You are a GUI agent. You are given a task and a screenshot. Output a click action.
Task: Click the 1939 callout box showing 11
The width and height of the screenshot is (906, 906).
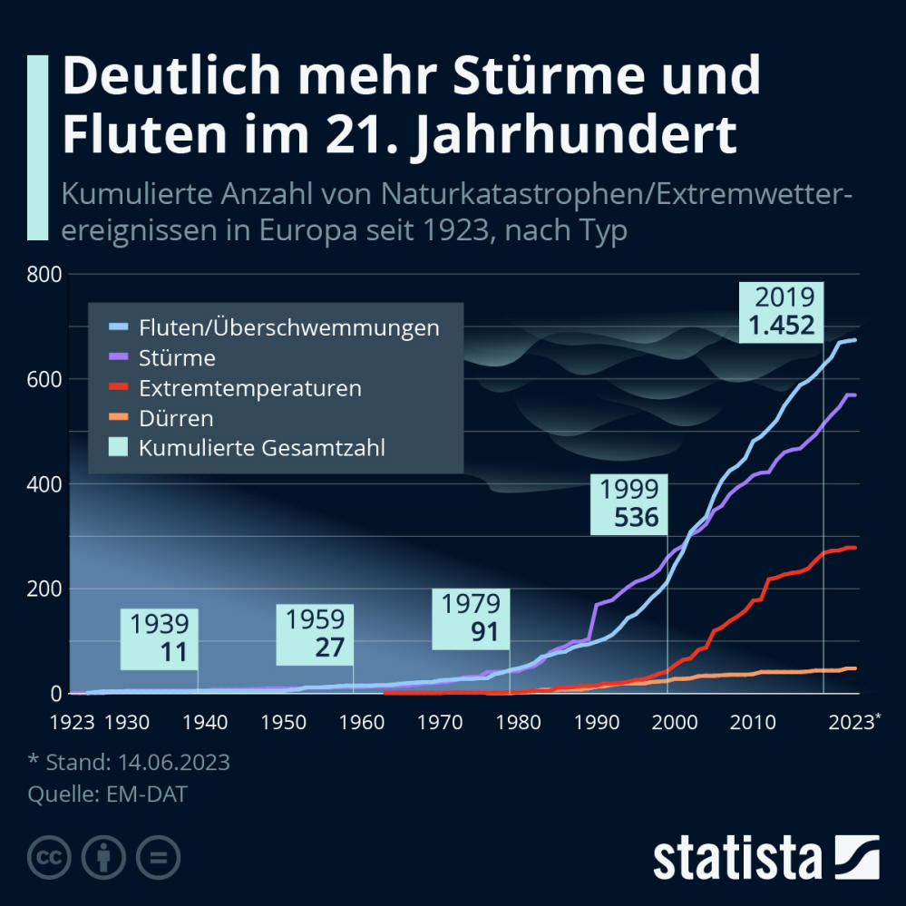tap(160, 638)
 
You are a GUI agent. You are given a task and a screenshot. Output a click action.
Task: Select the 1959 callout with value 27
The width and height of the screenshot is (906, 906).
tap(315, 635)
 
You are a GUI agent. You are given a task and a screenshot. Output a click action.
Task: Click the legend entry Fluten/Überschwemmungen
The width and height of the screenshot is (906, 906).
tap(288, 327)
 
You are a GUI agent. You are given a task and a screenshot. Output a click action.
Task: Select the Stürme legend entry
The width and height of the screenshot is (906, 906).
tap(177, 358)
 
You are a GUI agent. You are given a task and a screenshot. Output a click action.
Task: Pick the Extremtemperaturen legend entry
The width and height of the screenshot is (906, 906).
tap(249, 388)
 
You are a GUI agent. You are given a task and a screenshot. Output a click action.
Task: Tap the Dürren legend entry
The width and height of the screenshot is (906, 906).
tap(176, 418)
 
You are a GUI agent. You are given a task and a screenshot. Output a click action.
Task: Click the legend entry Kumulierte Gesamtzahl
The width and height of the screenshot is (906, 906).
tap(261, 447)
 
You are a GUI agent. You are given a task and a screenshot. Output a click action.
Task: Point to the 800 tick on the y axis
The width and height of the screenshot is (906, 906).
tap(44, 274)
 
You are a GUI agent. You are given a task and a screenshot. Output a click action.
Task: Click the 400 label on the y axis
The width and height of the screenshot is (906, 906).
tap(44, 483)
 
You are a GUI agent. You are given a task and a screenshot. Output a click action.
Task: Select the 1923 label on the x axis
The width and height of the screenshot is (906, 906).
tap(73, 722)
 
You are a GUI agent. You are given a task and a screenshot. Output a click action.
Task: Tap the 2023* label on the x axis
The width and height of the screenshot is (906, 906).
tap(852, 722)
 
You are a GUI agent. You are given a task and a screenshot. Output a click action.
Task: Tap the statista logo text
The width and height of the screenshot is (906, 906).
tap(738, 857)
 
